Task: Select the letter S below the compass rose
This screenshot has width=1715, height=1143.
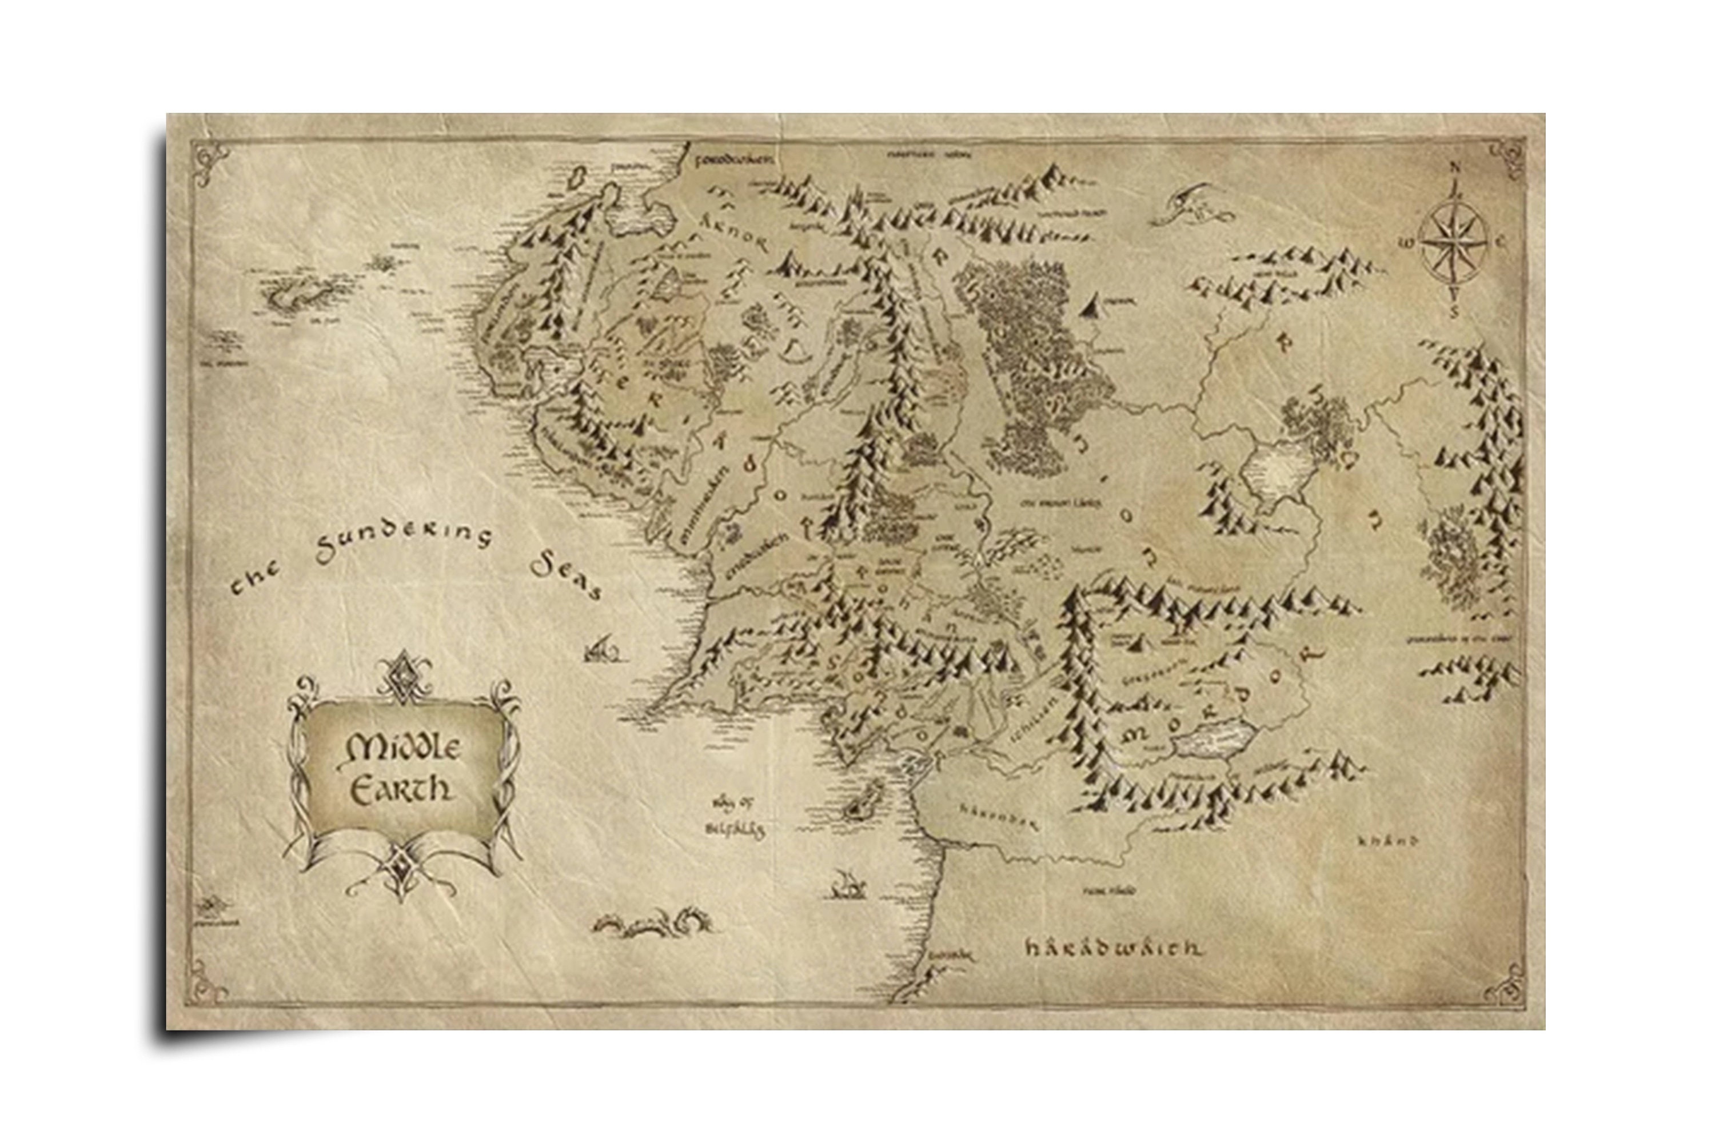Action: (x=1453, y=313)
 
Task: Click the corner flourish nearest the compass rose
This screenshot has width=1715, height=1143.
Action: (x=1506, y=159)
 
